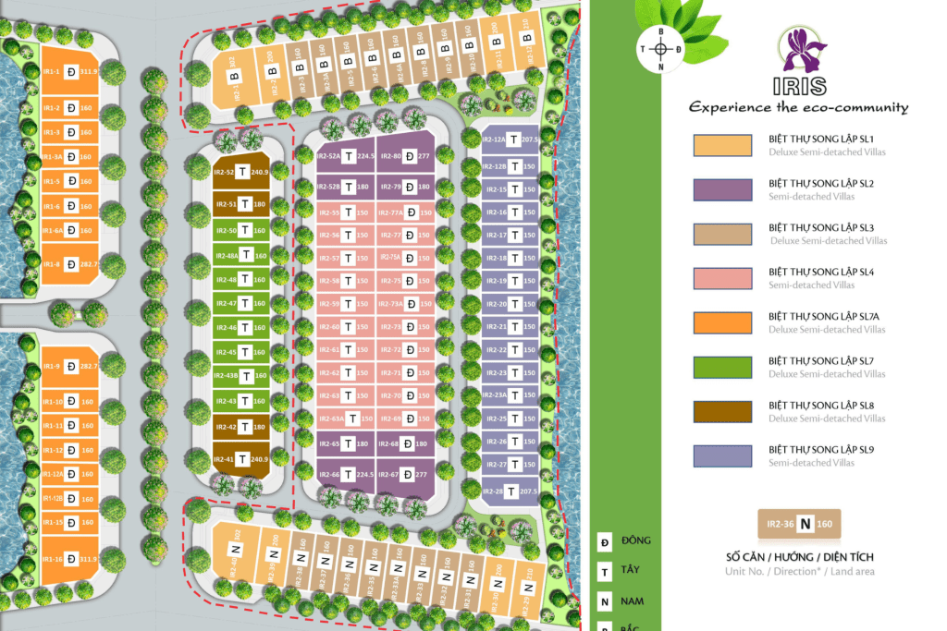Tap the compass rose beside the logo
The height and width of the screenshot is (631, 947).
pyautogui.click(x=660, y=49)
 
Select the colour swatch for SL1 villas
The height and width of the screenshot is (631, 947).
pyautogui.click(x=722, y=145)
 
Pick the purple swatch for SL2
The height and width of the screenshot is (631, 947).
pyautogui.click(x=722, y=189)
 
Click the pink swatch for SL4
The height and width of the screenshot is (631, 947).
pyautogui.click(x=722, y=278)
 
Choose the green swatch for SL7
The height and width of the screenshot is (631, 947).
pyautogui.click(x=722, y=367)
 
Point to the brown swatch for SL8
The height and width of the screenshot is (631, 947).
pyautogui.click(x=722, y=411)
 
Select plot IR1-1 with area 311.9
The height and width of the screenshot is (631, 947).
pyautogui.click(x=70, y=70)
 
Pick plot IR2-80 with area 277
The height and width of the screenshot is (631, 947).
pyautogui.click(x=406, y=156)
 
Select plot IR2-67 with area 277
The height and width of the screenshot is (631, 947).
pyautogui.click(x=406, y=475)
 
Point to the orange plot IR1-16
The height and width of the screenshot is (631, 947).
pyautogui.click(x=70, y=558)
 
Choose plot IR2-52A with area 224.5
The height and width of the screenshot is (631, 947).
pyautogui.click(x=346, y=156)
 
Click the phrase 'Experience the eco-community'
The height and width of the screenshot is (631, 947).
pyautogui.click(x=798, y=108)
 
